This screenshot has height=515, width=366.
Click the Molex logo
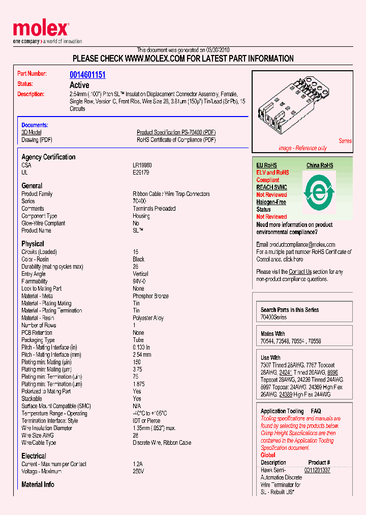tap(41, 31)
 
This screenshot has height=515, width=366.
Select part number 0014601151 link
tap(87, 75)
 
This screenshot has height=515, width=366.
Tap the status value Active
tap(79, 85)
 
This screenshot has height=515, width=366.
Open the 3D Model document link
tap(32, 132)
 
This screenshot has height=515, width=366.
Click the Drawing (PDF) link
tap(37, 140)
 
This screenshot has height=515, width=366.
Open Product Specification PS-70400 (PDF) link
tap(176, 132)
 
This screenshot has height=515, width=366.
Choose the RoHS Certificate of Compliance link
tap(176, 140)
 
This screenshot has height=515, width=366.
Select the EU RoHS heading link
tap(266, 165)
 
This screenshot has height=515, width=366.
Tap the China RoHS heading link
tap(320, 165)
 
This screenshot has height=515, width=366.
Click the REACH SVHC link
tap(271, 187)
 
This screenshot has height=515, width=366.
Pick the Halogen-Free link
tap(271, 202)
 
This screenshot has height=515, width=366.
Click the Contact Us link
tap(300, 272)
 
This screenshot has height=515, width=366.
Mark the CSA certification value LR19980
tap(142, 165)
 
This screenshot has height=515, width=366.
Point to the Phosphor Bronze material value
tap(150, 296)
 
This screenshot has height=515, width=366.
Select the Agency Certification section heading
tap(48, 157)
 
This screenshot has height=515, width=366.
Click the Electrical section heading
tap(34, 456)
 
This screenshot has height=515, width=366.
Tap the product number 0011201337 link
tap(317, 470)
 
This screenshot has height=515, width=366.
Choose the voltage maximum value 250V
tap(138, 471)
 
